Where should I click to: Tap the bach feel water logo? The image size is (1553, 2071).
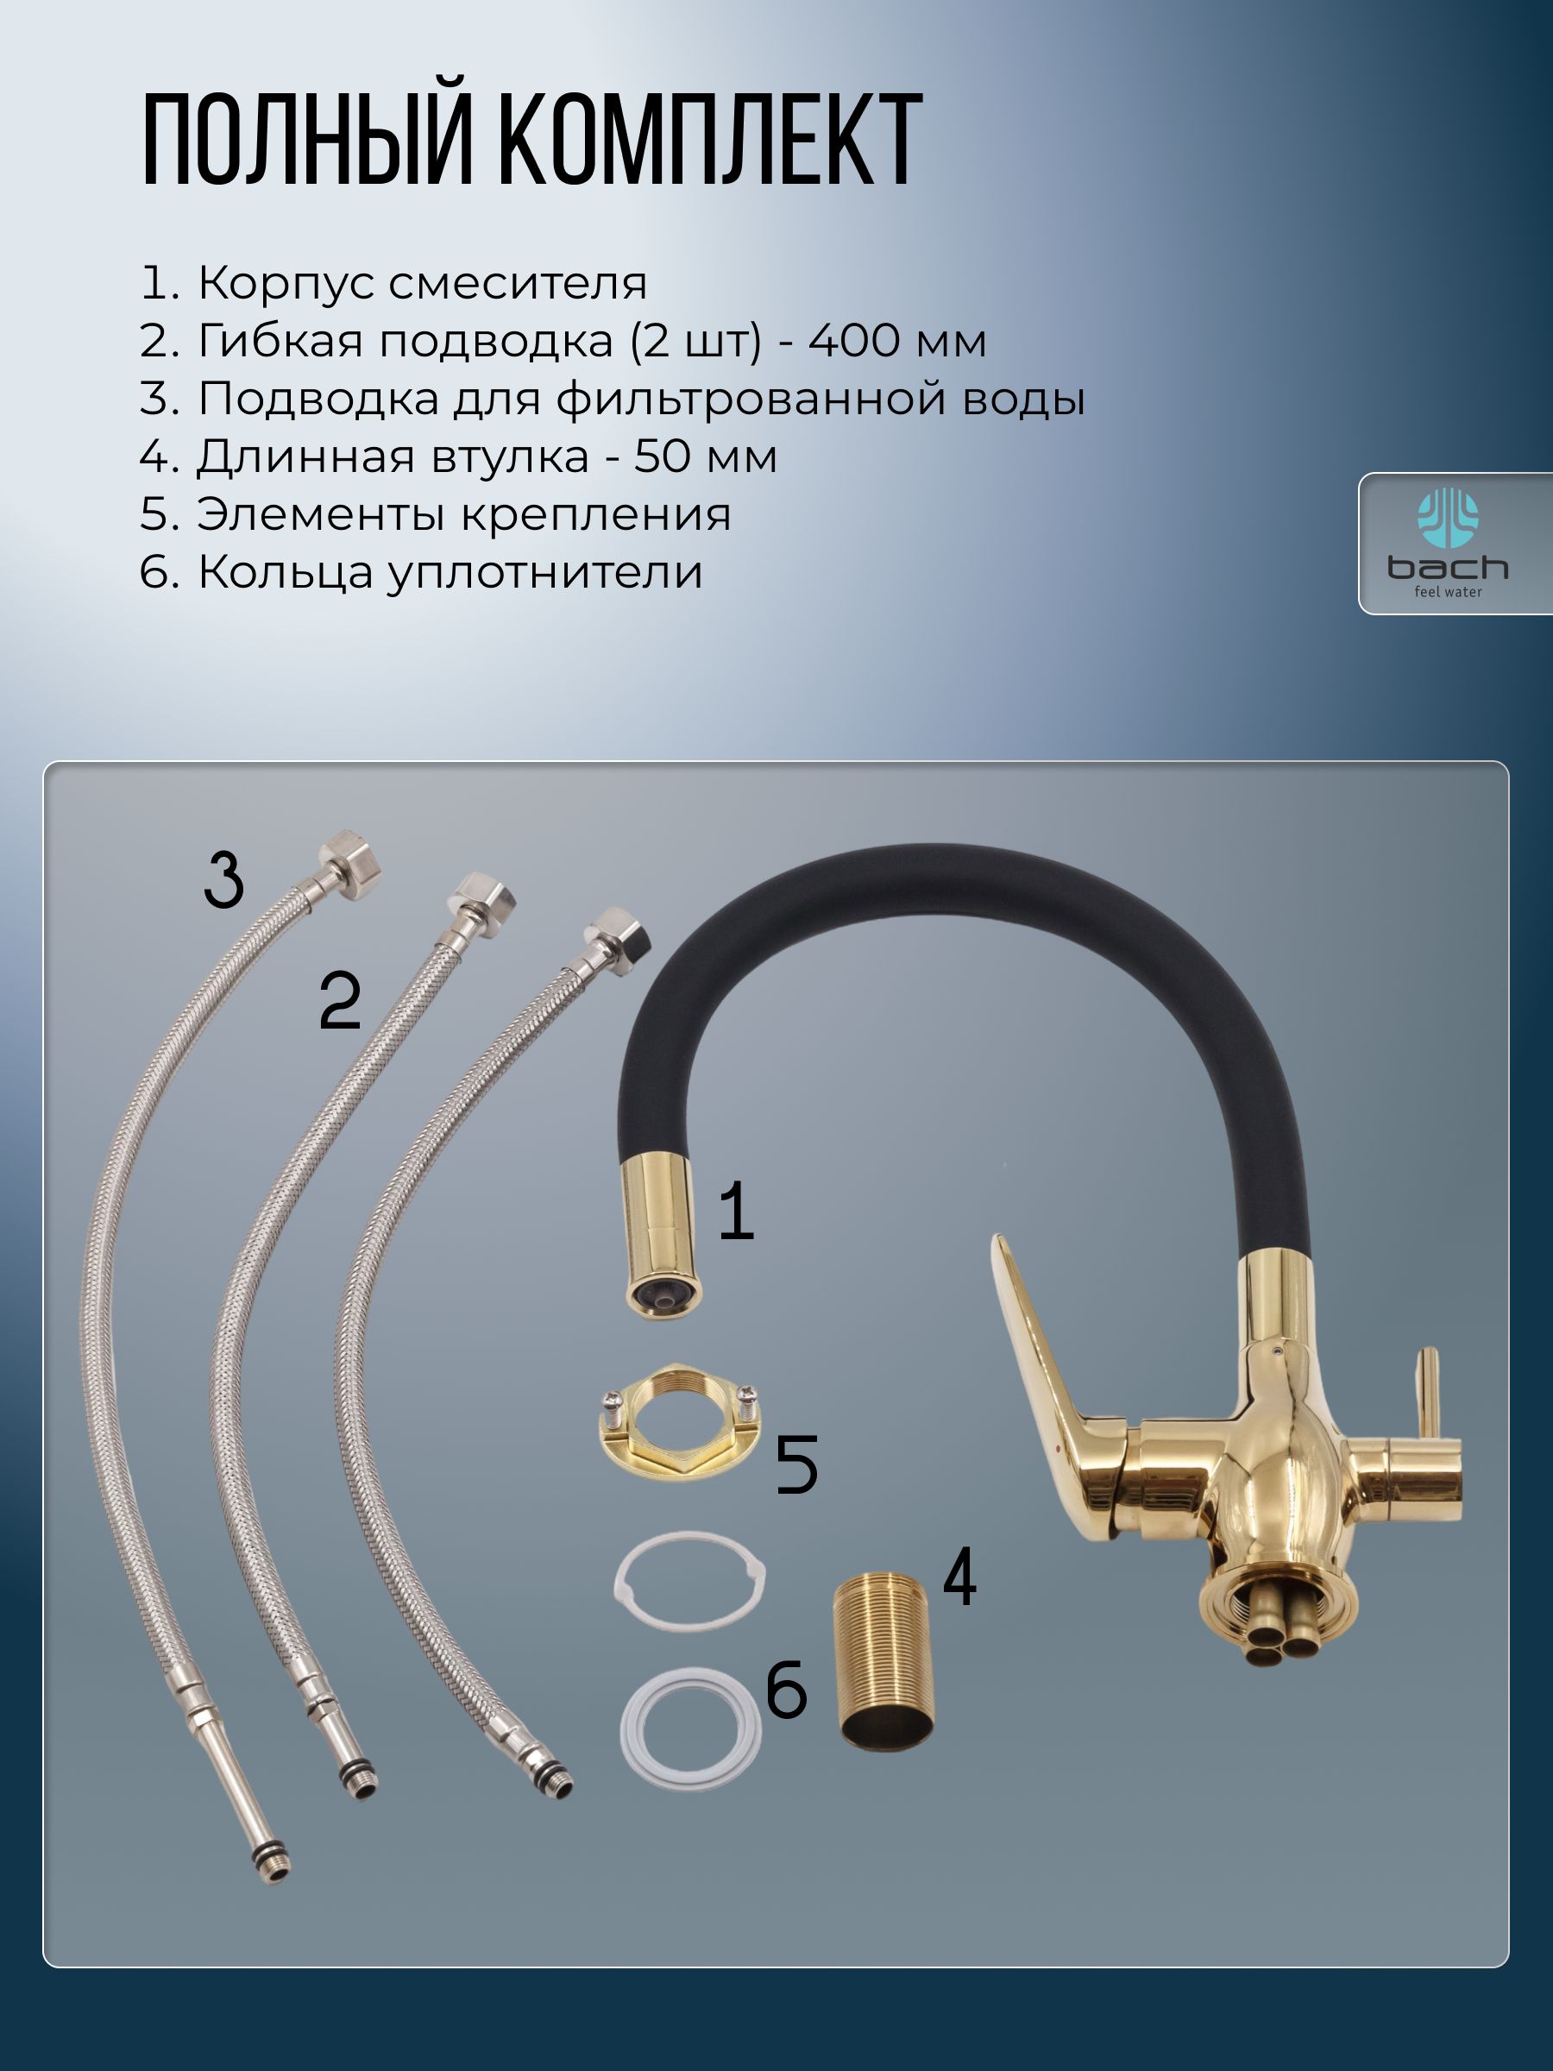[1447, 542]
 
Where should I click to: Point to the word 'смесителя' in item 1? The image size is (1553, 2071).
[518, 284]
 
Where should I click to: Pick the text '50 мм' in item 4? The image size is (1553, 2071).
[706, 456]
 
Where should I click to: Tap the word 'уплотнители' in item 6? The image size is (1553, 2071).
[544, 573]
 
